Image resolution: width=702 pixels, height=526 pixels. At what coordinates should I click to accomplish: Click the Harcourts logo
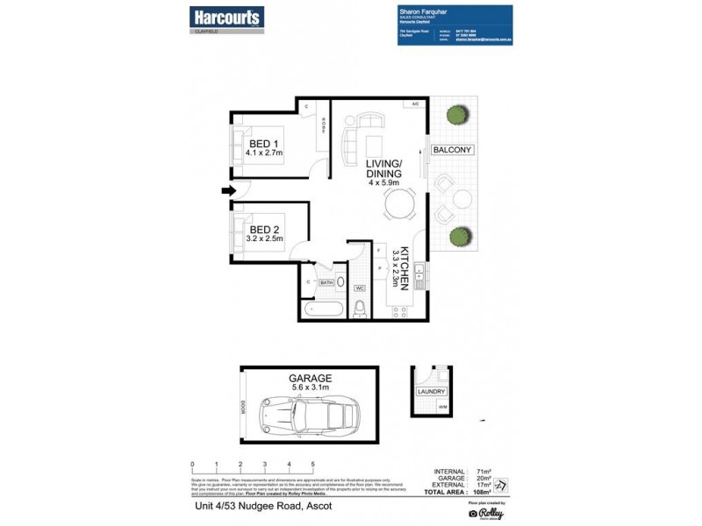click(x=226, y=16)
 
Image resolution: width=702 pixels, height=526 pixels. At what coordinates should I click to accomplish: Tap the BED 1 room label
click(x=264, y=145)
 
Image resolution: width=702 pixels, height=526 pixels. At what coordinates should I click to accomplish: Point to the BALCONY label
click(x=452, y=150)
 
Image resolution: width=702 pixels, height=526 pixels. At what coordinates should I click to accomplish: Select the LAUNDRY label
click(x=433, y=392)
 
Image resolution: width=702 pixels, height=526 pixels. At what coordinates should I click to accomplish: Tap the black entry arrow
click(x=227, y=191)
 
